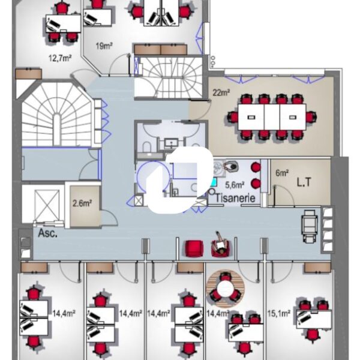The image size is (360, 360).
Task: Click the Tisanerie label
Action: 235,197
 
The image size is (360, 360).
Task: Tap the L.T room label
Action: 304,182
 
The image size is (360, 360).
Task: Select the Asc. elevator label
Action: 47,233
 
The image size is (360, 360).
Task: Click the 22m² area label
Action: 221,92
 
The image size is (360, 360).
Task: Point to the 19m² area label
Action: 104,46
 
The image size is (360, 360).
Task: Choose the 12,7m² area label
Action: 60,58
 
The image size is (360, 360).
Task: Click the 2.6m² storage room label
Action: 82,203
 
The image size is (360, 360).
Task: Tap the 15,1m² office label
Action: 279,313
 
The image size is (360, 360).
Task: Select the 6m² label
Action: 282,173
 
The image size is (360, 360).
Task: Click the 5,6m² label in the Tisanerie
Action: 235,185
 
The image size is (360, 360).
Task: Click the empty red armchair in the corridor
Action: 194,248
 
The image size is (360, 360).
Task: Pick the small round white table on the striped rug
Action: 225,289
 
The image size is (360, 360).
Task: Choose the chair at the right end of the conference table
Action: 311,117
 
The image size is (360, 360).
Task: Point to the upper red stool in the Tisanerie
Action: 256,167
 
